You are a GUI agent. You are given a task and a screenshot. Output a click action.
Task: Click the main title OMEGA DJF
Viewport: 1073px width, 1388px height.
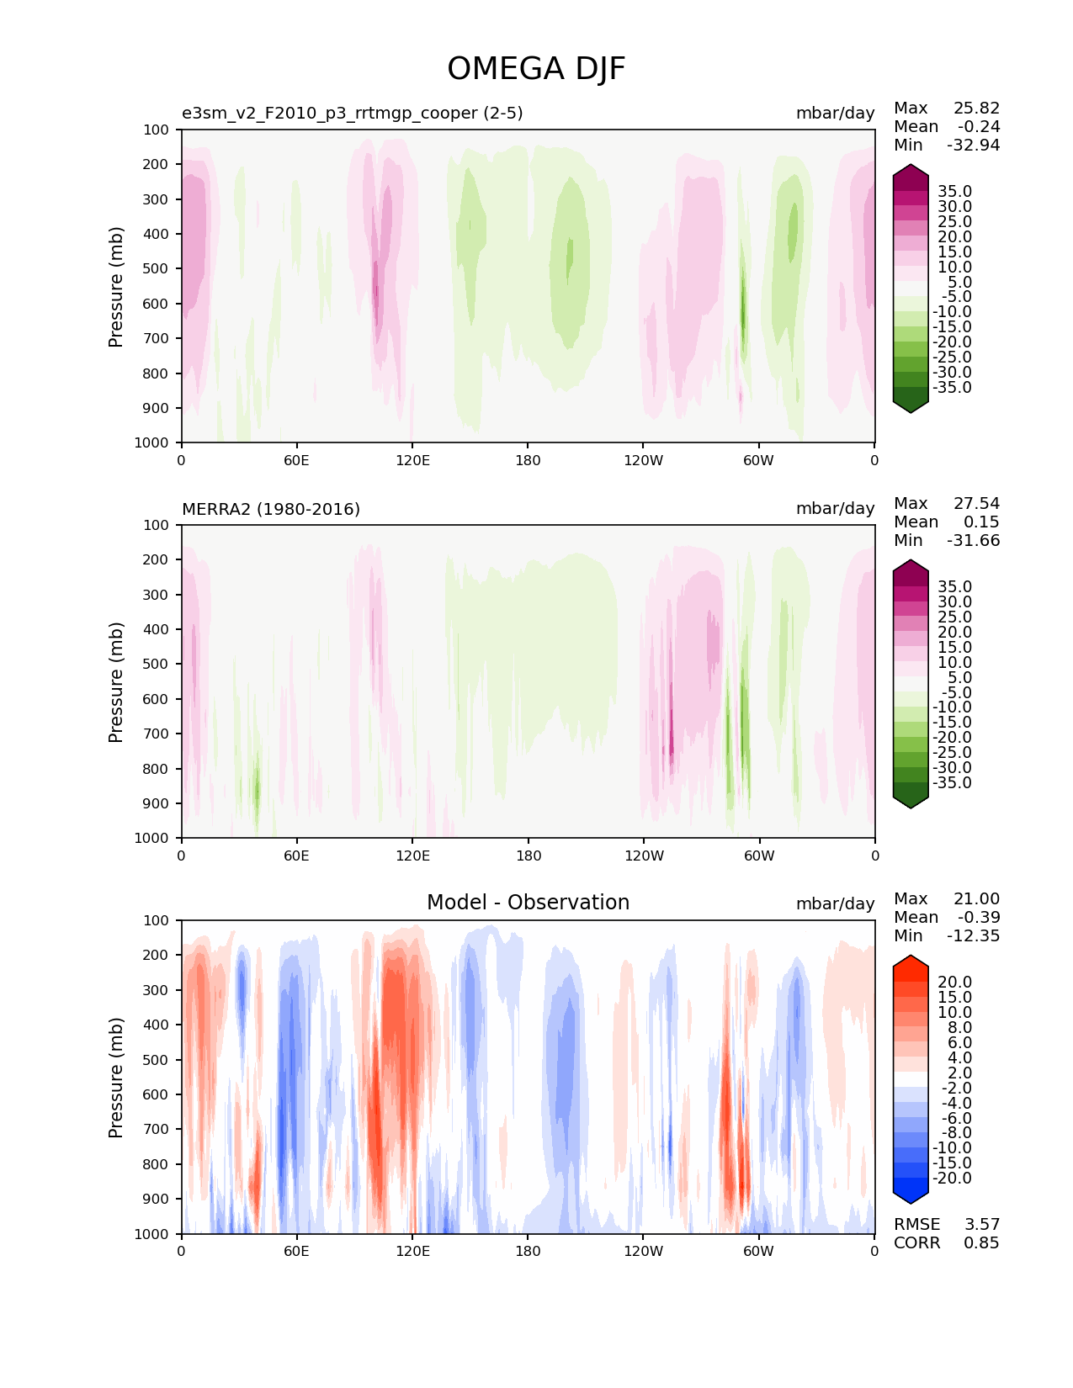536,69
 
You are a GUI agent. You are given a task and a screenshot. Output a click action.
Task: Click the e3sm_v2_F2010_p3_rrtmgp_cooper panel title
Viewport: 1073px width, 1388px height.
353,114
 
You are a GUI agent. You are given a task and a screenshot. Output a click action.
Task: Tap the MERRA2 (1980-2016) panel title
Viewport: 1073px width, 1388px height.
271,509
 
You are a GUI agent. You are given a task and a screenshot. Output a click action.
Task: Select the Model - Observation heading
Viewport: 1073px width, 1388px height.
528,903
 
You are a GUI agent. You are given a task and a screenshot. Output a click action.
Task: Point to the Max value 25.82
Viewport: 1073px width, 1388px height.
976,109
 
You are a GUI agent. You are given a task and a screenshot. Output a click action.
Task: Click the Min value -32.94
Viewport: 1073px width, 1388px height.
973,146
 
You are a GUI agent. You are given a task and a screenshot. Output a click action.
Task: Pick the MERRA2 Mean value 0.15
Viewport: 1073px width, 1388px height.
981,522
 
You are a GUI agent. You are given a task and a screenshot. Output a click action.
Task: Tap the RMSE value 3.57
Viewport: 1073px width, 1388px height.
981,1225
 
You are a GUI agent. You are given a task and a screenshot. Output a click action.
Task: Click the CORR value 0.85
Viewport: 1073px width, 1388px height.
981,1243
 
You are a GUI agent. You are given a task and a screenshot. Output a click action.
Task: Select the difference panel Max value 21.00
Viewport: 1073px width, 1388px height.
976,899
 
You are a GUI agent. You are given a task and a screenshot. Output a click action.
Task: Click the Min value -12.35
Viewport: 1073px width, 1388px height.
973,936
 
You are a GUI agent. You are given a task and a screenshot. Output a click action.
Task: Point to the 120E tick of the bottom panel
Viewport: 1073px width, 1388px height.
412,1251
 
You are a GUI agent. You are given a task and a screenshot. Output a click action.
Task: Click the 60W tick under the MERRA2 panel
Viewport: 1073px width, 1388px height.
759,856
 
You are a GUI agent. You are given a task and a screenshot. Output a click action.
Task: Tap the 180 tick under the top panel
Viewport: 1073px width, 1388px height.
528,460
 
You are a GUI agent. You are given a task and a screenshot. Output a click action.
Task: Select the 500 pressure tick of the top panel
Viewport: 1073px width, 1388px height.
157,269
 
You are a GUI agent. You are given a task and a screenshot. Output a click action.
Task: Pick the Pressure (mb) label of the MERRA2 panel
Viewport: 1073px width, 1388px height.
116,682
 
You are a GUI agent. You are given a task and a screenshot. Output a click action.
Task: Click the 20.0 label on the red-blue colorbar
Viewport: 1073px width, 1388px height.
954,983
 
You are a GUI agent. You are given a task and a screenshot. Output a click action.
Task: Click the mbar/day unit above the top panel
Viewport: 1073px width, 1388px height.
835,114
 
